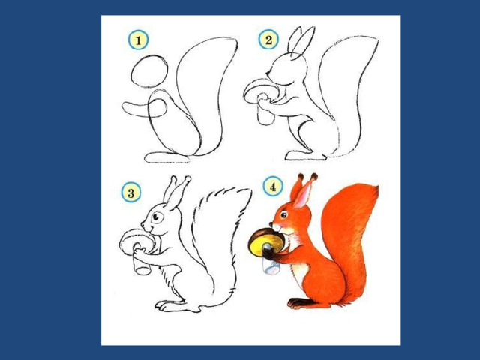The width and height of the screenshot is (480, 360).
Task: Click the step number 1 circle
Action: (138, 40)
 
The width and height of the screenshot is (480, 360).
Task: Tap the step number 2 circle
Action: (268, 40)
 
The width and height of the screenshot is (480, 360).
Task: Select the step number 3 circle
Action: (131, 193)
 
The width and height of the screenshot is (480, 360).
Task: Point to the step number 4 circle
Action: (273, 187)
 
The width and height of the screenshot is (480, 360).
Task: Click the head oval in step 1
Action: (149, 72)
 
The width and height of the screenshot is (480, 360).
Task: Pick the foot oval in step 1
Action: (167, 157)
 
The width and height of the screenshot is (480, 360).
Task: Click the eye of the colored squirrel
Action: (283, 214)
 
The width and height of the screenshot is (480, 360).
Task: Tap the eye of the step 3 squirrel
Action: (157, 217)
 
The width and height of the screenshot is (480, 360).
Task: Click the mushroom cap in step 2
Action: (261, 91)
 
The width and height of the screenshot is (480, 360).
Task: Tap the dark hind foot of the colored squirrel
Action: (301, 302)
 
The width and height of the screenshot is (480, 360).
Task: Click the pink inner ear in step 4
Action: (302, 196)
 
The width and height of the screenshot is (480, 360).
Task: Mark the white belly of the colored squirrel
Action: (299, 271)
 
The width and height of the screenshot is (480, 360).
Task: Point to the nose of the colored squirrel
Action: (271, 224)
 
